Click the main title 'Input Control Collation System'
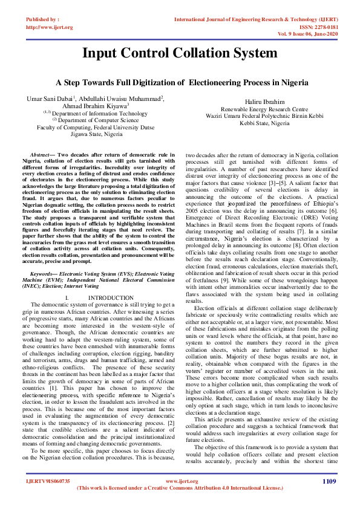[180, 53]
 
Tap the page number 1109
[329, 481]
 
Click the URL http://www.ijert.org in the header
[50, 27]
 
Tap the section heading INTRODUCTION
[111, 298]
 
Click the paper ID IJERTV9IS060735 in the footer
[48, 481]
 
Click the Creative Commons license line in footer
[180, 487]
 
